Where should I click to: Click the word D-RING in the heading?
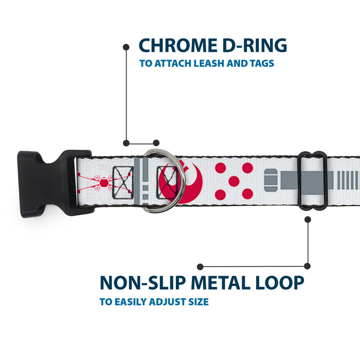pos(254,45)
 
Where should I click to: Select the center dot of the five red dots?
pos(234,181)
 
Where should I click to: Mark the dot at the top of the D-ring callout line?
pos(126,47)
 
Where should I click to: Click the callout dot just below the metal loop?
pos(308,219)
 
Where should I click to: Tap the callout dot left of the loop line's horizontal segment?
pos(201,266)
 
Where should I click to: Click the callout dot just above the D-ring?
pos(156,142)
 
